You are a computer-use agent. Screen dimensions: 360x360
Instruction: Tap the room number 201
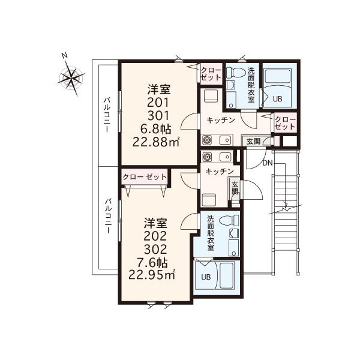tap(158, 103)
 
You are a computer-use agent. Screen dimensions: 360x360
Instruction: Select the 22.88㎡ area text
tap(156, 142)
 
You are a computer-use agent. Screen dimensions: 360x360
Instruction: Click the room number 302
tap(155, 249)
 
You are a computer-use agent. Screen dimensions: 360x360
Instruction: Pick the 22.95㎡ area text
tap(152, 275)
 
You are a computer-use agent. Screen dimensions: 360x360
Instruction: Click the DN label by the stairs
tap(268, 163)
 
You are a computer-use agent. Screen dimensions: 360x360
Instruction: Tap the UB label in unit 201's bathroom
tap(278, 99)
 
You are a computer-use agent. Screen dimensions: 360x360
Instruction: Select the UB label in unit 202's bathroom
tap(206, 277)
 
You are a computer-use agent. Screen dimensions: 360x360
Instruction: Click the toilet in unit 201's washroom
tap(234, 73)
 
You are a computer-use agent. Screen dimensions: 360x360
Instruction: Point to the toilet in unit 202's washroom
tap(229, 220)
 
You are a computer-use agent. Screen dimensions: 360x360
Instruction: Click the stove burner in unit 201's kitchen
tap(207, 140)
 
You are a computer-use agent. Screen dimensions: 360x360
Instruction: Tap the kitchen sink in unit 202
tap(225, 157)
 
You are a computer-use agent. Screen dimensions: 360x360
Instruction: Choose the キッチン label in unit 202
tap(220, 172)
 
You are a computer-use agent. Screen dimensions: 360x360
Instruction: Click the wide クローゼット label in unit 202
tap(145, 177)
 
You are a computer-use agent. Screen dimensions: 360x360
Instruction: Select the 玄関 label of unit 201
tap(253, 142)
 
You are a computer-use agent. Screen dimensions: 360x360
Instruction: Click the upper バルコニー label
tap(107, 115)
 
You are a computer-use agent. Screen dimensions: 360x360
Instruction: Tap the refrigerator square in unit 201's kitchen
tap(211, 96)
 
